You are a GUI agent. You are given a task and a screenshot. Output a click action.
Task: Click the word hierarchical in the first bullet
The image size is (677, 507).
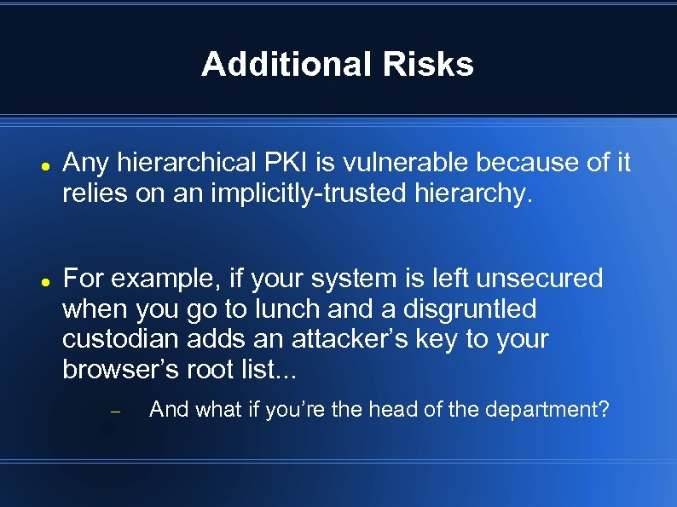point(177,162)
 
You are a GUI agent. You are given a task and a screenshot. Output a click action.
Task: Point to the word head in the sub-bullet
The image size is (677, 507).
point(394,410)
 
